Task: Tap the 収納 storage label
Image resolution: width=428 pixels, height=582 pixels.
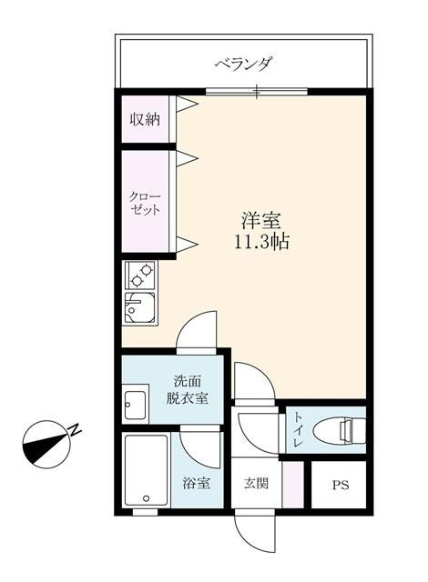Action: (x=145, y=119)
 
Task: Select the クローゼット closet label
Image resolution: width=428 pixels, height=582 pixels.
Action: (x=145, y=203)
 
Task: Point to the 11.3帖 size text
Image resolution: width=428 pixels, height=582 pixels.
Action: (x=261, y=242)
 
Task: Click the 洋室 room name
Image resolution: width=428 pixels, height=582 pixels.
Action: (x=260, y=220)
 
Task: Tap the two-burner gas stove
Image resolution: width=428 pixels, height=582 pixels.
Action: (x=141, y=275)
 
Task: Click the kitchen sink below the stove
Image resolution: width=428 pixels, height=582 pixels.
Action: (x=140, y=308)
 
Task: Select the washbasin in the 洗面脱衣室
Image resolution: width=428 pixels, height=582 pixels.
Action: (x=136, y=404)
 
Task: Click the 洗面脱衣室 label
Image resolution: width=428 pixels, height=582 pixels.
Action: (x=187, y=389)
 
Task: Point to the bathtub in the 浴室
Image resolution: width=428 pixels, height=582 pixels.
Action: (x=146, y=470)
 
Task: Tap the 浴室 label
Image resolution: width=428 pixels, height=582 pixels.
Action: (x=197, y=483)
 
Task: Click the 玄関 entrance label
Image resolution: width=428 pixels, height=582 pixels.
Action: (x=256, y=483)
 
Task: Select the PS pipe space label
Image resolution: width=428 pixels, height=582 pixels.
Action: (x=341, y=485)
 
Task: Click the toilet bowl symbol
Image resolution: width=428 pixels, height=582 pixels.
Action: (x=339, y=430)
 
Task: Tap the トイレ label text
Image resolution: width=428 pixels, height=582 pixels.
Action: (x=299, y=429)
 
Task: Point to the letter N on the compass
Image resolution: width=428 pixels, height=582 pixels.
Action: (x=75, y=430)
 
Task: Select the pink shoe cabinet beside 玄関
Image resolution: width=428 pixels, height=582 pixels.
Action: (x=293, y=485)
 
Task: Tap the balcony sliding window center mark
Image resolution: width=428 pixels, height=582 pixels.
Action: (x=257, y=92)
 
